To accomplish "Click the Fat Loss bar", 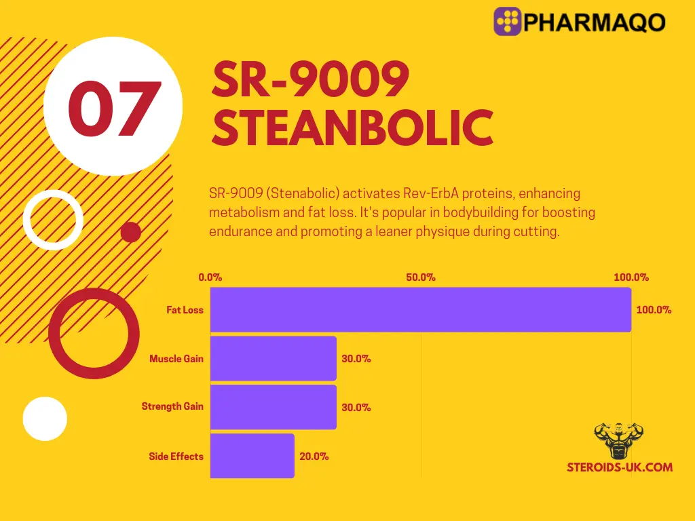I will (x=421, y=309).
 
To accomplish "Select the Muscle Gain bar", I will (x=274, y=358).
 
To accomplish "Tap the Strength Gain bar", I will (x=274, y=407).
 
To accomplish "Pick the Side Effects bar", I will (x=252, y=456).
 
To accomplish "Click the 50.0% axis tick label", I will (x=421, y=277).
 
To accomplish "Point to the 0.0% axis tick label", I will (x=210, y=277).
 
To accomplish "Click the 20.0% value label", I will (x=314, y=457).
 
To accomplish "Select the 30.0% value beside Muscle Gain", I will (x=356, y=359).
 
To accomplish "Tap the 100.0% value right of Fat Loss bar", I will (x=654, y=310).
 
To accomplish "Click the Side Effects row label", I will (x=176, y=457).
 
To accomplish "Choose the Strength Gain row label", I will (x=172, y=407).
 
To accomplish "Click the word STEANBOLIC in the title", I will (x=352, y=128).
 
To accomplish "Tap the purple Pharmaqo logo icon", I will (x=508, y=22).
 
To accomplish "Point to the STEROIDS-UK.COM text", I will (x=620, y=467).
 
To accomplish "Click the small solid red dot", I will (x=130, y=233).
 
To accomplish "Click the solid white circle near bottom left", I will (x=45, y=419).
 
